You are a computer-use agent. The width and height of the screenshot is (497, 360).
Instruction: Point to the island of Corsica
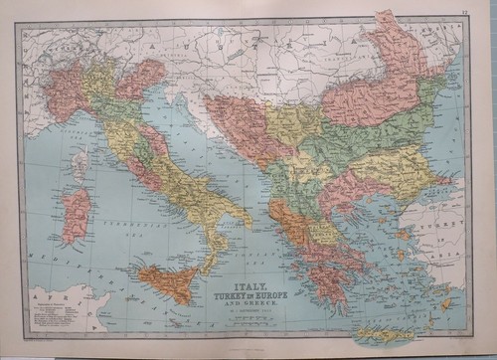(80, 165)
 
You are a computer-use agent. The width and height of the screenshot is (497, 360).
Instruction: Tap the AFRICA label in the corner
(41, 297)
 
